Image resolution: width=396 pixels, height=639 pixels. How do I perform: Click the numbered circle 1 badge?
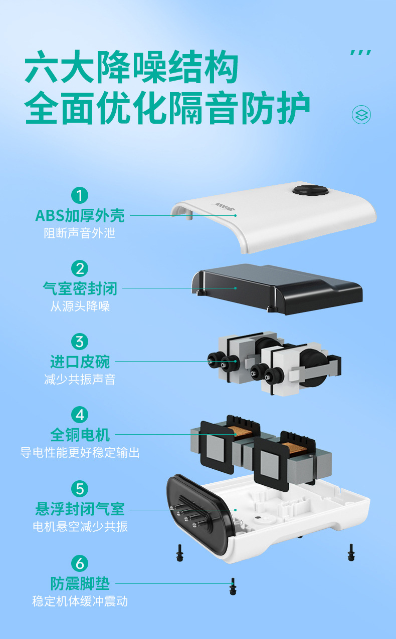point(80,195)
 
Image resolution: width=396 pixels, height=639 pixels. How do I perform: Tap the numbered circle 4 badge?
point(80,415)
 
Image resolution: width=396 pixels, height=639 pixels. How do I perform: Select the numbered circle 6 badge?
point(80,563)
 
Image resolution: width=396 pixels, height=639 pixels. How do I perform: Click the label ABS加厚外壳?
point(80,215)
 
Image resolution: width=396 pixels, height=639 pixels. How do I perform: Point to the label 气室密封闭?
point(80,288)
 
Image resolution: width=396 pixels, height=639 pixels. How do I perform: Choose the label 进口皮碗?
point(80,361)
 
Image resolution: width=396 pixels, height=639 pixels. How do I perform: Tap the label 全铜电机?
point(80,434)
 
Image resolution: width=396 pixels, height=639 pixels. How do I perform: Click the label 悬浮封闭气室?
point(80,509)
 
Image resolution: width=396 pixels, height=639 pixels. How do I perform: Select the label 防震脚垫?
point(80,583)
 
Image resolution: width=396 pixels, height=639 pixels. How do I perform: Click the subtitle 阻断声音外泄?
point(80,233)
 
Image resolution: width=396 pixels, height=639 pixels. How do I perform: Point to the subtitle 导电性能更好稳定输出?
point(80,453)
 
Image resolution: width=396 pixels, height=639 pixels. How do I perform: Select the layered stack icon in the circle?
point(361,115)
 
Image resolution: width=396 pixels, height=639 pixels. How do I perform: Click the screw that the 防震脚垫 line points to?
point(232,586)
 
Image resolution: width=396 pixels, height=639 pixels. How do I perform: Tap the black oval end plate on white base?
point(198,513)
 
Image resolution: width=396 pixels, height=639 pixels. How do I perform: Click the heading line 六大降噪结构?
point(131,69)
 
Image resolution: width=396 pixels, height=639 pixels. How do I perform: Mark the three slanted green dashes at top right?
point(360,53)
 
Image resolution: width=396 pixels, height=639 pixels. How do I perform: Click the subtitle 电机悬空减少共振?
point(80,527)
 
